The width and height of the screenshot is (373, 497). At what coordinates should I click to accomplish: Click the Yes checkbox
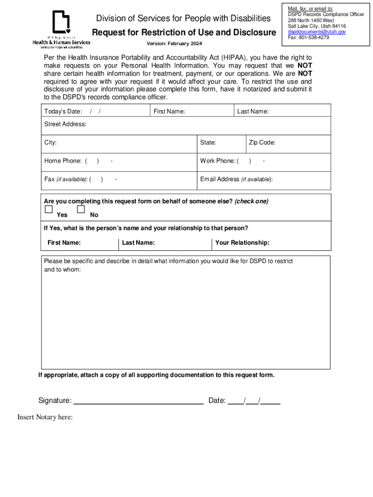[48, 209]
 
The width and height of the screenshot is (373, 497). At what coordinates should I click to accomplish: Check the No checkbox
[81, 209]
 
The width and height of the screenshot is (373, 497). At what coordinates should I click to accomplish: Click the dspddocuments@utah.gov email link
[316, 32]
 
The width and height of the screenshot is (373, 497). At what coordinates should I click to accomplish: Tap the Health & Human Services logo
[61, 29]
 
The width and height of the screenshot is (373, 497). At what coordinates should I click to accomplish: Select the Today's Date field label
[63, 112]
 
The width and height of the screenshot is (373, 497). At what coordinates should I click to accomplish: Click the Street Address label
[65, 124]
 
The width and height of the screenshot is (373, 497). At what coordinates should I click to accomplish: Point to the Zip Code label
[262, 143]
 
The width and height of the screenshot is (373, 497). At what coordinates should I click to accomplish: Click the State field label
[208, 143]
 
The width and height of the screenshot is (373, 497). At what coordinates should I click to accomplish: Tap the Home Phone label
[63, 161]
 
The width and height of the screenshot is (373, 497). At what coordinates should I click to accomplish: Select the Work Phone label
[218, 161]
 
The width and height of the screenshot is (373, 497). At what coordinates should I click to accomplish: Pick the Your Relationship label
[242, 243]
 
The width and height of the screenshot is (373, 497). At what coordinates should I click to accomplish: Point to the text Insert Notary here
[45, 417]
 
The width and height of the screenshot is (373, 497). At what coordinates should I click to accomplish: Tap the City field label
[50, 143]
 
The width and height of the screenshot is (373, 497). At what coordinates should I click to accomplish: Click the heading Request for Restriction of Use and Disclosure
[184, 33]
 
